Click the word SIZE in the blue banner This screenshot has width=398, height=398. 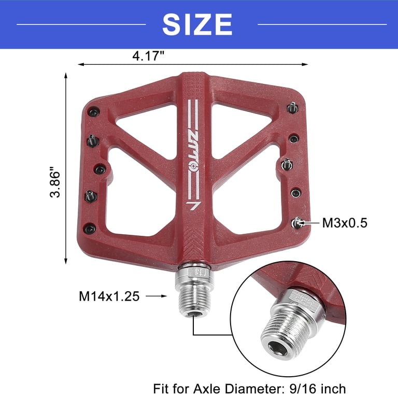point(197,24)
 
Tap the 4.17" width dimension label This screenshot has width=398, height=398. point(149,55)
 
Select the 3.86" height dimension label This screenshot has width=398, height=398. point(55,182)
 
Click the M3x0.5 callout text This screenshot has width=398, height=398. point(345,223)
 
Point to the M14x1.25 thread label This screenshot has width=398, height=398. point(109,296)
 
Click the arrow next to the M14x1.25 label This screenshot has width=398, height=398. point(157,296)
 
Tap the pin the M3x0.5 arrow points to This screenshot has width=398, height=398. point(296,223)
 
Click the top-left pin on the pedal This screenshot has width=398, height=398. point(93,112)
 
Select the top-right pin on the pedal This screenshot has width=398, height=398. point(292,107)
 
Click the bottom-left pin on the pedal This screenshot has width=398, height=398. point(90,228)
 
